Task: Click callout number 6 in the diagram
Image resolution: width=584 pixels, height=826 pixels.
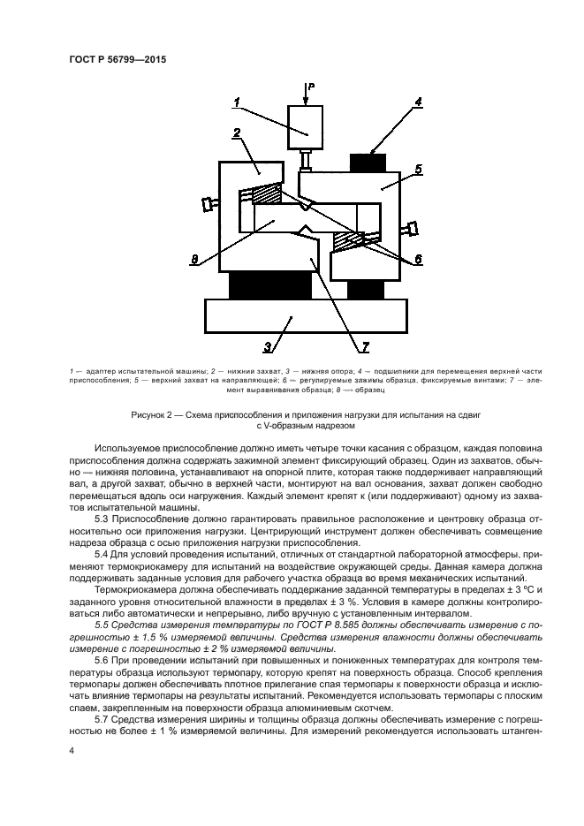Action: [419, 258]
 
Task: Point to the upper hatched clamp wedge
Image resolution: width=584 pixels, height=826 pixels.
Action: [269, 193]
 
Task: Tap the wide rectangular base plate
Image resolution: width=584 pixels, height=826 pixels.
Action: [304, 314]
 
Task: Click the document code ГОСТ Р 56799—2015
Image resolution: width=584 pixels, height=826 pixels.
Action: [118, 60]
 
